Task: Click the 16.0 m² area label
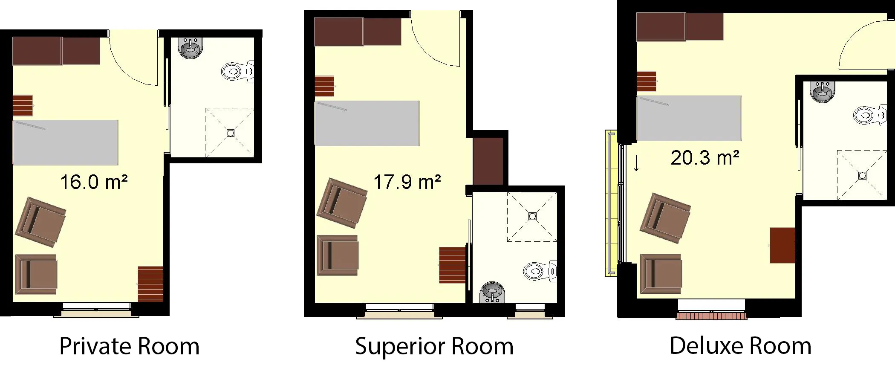[x=94, y=182]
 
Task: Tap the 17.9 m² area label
[x=407, y=182]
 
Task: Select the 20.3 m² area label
[x=705, y=158]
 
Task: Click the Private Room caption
[x=129, y=346]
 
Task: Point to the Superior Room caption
[x=434, y=346]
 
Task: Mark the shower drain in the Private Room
[x=231, y=133]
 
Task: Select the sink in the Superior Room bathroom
[x=493, y=293]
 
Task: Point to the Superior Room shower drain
[x=532, y=216]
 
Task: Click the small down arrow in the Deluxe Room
[x=636, y=163]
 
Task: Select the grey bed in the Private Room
[x=65, y=142]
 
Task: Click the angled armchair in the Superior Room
[x=342, y=203]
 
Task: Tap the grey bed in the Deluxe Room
[x=689, y=119]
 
